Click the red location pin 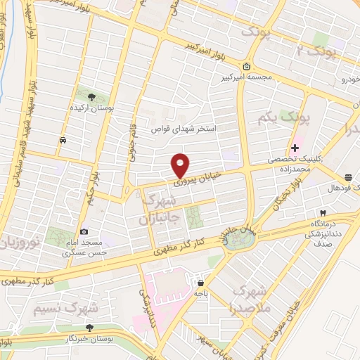click(181, 165)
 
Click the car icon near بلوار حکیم click(64, 140)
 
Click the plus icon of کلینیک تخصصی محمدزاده click(295, 148)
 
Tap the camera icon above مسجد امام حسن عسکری click(84, 232)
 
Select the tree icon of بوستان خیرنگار click(89, 328)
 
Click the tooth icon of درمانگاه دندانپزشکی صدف click(323, 213)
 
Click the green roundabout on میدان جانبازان click(239, 240)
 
